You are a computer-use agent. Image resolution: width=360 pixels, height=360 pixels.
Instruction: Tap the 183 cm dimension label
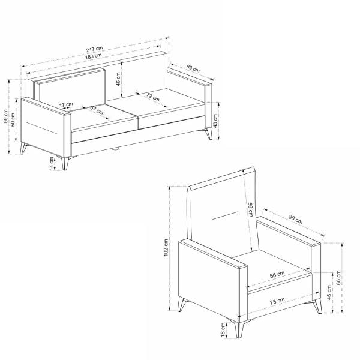point(94,56)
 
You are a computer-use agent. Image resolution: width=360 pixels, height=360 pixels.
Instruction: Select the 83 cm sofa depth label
point(193,68)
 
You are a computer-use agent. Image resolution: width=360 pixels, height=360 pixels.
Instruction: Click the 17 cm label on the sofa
point(66,106)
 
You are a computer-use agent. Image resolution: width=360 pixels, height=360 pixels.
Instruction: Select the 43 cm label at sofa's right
point(215,119)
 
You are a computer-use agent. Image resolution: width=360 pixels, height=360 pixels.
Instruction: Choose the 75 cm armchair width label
point(277,302)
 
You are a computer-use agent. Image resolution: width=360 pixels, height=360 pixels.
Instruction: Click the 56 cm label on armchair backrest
point(251,211)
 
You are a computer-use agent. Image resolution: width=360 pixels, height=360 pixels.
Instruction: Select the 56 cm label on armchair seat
point(277,275)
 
